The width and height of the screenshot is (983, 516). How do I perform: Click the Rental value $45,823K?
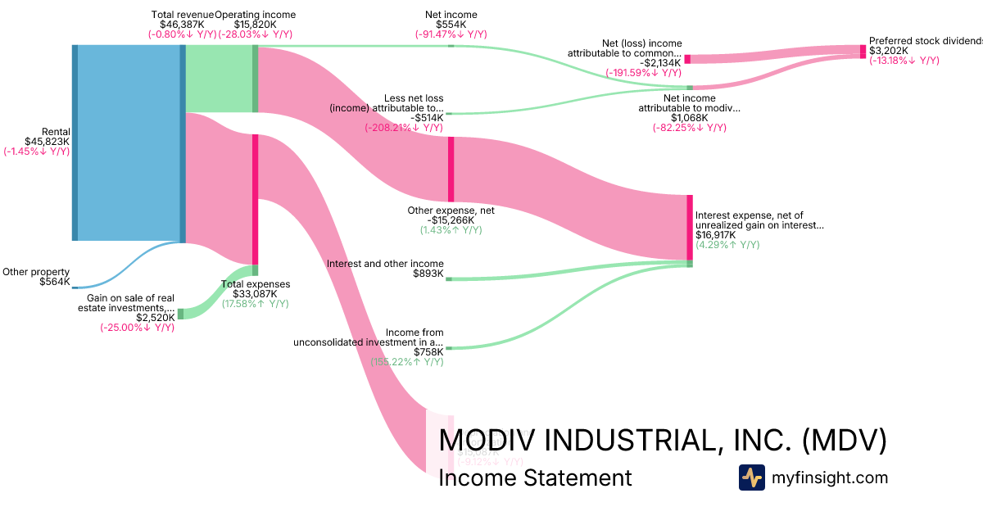(48, 142)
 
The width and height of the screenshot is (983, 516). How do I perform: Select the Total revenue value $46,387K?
(183, 25)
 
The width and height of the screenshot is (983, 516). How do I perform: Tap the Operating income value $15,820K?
(255, 25)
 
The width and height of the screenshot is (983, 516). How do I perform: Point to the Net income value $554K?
(451, 25)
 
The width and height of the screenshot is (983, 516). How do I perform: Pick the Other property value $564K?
(55, 283)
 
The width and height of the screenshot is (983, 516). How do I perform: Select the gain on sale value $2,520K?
(156, 317)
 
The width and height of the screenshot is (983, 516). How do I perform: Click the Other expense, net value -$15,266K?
(451, 220)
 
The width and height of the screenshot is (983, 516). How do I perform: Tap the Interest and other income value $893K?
(429, 274)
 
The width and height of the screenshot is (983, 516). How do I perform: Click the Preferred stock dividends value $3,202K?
(888, 51)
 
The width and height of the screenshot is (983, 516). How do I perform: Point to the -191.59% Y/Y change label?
(644, 73)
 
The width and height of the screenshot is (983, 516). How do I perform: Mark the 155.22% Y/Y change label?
(407, 362)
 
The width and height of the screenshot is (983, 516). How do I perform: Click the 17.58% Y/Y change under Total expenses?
(255, 304)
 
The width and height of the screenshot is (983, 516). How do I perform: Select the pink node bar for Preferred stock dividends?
(862, 52)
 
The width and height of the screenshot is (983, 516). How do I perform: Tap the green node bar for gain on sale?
(181, 314)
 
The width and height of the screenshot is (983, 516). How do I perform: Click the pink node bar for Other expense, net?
(451, 169)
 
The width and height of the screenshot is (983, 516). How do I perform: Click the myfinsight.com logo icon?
(752, 478)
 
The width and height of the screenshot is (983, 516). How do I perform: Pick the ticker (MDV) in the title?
(844, 441)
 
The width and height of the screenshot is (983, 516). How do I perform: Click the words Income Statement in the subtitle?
(535, 478)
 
